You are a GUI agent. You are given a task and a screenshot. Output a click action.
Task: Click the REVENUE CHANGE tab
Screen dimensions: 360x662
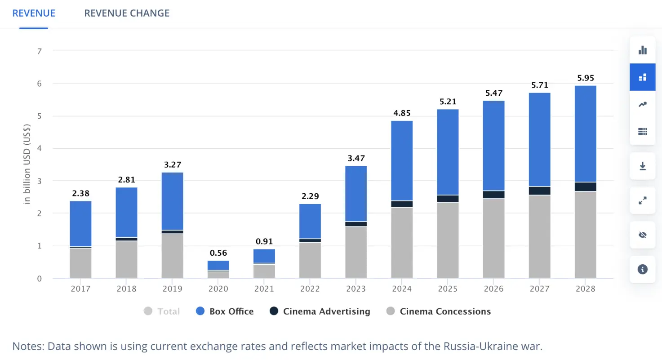[127, 13]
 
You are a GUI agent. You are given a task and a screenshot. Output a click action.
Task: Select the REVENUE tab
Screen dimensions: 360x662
[34, 13]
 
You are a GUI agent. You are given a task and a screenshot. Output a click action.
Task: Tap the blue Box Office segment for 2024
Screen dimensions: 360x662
[402, 160]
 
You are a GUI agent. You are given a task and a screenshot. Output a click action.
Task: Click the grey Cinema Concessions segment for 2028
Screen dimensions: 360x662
[585, 235]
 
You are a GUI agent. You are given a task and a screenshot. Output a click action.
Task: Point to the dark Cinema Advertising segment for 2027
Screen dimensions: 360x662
[539, 191]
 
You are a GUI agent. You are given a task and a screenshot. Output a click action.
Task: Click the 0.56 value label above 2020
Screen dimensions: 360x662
[218, 253]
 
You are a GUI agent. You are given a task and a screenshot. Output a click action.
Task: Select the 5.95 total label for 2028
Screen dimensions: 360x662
[585, 78]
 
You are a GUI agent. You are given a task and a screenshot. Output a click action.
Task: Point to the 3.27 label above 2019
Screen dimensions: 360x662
[172, 164]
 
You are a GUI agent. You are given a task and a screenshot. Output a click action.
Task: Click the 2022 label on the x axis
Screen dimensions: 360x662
[310, 289]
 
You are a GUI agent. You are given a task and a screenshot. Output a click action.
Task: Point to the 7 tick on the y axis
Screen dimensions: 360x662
[40, 51]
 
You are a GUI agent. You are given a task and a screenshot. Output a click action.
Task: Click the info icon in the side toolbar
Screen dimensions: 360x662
[643, 269]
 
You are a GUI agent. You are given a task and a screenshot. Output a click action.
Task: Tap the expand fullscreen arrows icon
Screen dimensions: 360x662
[643, 200]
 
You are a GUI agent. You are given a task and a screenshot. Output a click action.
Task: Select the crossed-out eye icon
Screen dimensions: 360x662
[643, 235]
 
